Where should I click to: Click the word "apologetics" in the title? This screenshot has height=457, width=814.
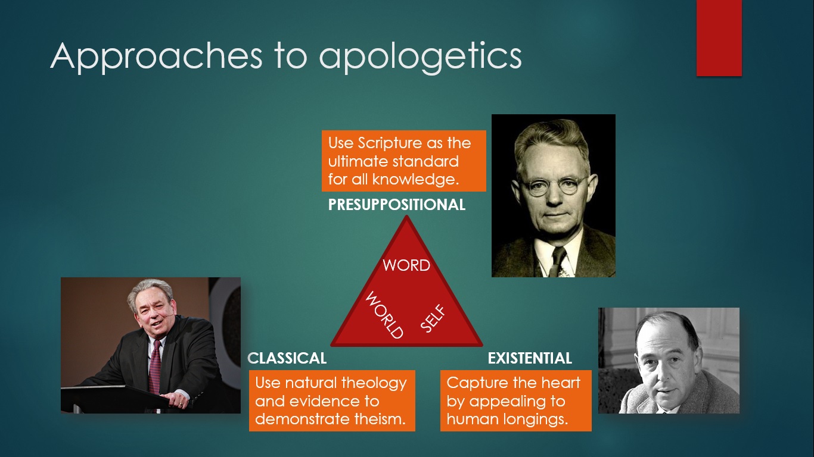[420, 57]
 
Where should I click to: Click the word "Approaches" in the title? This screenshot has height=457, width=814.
[156, 57]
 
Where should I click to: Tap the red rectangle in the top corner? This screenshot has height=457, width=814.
[719, 37]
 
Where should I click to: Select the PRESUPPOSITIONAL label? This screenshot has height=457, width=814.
[397, 205]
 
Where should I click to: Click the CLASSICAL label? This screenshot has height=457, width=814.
[287, 358]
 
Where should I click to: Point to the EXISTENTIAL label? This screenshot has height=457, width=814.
[530, 358]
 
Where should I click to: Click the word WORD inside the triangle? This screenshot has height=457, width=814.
[406, 265]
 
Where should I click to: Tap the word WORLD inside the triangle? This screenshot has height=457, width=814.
[384, 315]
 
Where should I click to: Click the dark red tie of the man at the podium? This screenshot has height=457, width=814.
[155, 365]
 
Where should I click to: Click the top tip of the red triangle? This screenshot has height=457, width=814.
[407, 218]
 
